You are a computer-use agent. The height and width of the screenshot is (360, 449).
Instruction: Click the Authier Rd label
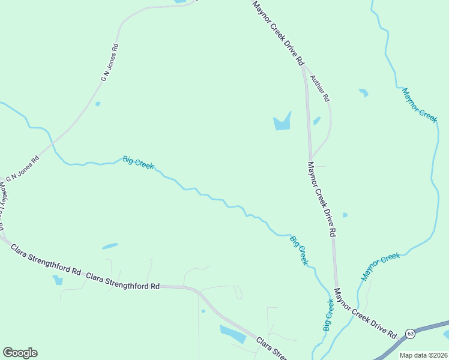tap(320, 88)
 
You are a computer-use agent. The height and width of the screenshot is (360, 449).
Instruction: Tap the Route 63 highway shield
tap(410, 333)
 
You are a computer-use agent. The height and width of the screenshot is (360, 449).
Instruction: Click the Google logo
tap(20, 353)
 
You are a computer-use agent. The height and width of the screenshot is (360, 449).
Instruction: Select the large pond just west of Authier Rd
tap(282, 122)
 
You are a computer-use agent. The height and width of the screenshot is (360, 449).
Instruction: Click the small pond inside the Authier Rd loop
tap(316, 121)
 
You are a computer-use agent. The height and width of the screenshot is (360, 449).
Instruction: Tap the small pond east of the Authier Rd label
tap(363, 92)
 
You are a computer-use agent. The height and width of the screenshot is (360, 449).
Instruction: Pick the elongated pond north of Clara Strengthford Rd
tap(110, 246)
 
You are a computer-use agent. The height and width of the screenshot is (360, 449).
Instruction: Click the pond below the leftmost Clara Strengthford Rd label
tap(58, 280)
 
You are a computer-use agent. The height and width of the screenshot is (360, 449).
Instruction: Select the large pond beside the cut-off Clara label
tap(233, 333)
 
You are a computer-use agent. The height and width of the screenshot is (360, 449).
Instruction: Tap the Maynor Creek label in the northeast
tap(420, 105)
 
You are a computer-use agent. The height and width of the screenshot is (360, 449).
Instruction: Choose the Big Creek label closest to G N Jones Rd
tap(138, 163)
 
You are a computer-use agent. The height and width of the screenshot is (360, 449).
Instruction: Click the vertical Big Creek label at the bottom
tap(328, 314)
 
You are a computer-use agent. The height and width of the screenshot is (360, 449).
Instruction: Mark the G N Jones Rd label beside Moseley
tap(23, 170)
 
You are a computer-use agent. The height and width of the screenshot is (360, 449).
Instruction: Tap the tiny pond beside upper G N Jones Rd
tap(98, 104)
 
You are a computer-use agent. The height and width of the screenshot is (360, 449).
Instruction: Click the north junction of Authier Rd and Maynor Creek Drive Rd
tap(304, 67)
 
